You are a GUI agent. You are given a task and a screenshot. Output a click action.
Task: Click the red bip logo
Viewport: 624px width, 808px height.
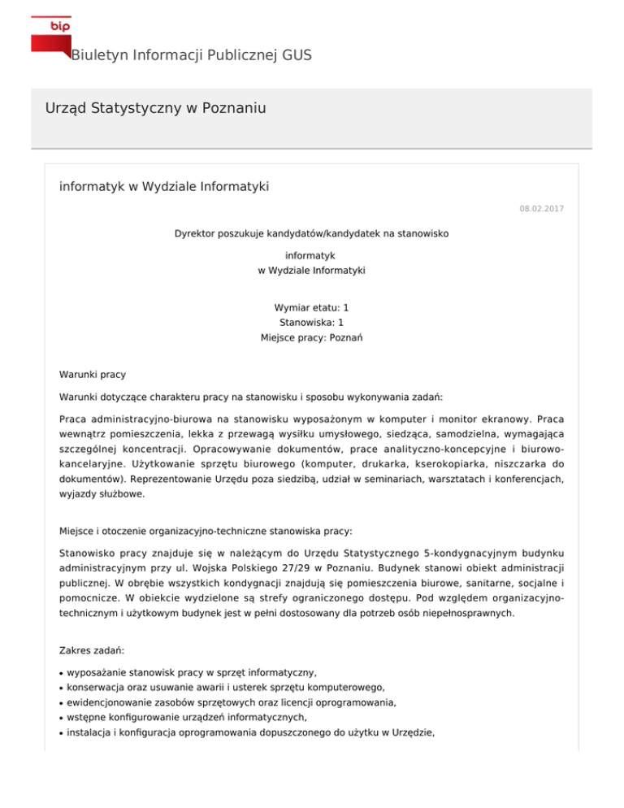[50, 33]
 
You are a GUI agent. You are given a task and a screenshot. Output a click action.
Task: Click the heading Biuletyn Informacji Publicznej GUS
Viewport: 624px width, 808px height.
[191, 55]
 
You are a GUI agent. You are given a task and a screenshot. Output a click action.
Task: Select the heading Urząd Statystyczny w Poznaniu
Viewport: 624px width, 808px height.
[157, 108]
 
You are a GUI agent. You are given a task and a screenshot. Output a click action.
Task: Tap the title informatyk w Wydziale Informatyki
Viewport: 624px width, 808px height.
[164, 187]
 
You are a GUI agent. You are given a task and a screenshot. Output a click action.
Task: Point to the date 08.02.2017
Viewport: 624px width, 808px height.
[542, 209]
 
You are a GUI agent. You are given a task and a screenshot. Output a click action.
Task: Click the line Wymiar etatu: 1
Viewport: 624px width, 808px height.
[311, 308]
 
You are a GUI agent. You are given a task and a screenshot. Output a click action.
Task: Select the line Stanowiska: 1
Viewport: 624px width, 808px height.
[311, 323]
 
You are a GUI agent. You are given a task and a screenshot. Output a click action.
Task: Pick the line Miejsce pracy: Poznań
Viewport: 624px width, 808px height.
[311, 337]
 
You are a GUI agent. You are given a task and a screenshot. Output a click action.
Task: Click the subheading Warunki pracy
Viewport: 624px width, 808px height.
[93, 375]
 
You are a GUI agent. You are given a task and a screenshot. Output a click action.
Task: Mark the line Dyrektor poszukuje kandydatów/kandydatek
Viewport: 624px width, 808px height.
[311, 233]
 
